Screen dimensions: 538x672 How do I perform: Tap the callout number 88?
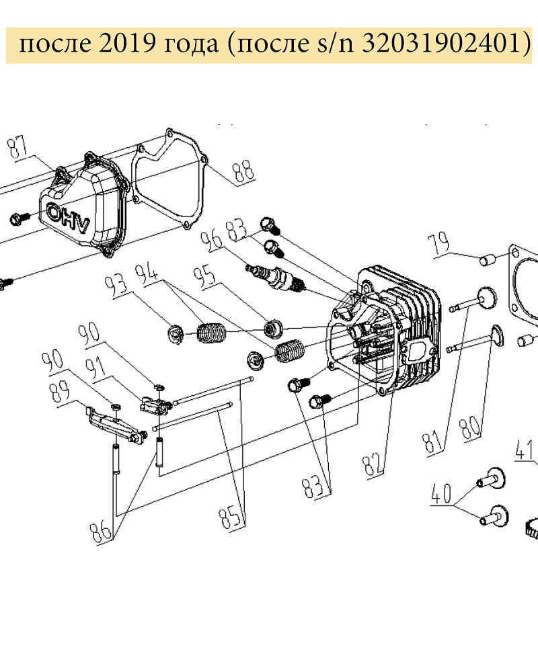tap(244, 171)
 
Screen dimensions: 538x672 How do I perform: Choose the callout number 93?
tap(117, 284)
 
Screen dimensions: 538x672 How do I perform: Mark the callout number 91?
tap(95, 368)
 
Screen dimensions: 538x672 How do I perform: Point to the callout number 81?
tap(434, 442)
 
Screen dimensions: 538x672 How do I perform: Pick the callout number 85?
tap(232, 517)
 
